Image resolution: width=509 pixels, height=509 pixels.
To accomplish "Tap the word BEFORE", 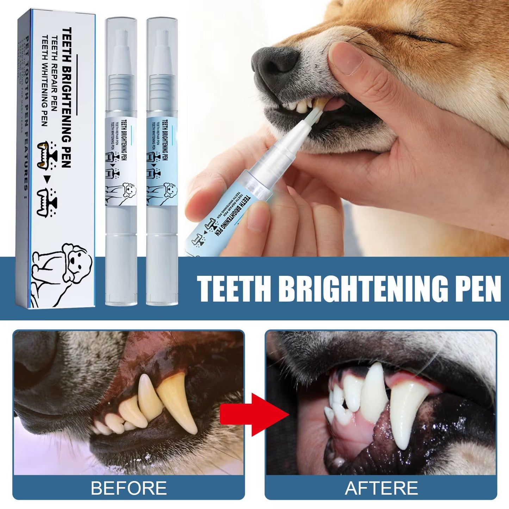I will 129,488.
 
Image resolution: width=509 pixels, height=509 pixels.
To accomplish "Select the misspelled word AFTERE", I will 381,488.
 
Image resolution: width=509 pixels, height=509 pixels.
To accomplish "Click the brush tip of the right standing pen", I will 162,39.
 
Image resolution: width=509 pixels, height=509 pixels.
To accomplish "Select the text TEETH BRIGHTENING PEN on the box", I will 67,97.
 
